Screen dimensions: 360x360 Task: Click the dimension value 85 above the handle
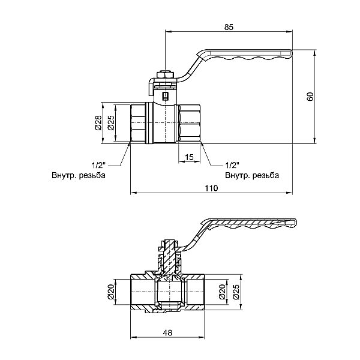(229, 27)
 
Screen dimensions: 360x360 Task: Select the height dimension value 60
(310, 97)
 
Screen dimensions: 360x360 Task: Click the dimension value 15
(189, 157)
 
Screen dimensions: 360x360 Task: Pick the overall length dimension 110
(210, 188)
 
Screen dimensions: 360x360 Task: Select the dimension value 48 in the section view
(167, 334)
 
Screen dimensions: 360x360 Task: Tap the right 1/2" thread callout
(232, 164)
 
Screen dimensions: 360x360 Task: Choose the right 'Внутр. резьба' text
(251, 176)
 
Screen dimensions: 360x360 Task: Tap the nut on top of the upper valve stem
(164, 75)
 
